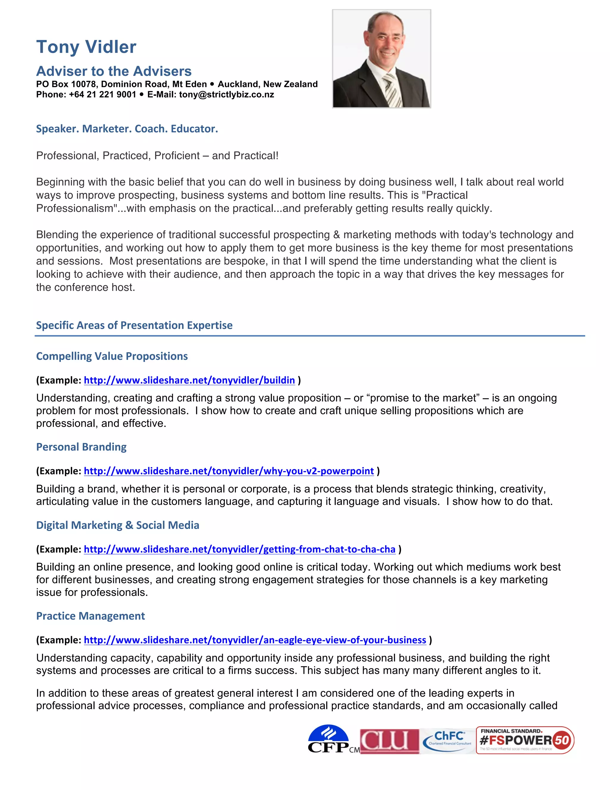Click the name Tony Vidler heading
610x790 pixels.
click(86, 47)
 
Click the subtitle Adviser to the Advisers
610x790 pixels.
click(114, 71)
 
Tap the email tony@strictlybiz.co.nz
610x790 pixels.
click(226, 95)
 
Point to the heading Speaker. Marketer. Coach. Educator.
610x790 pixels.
click(127, 129)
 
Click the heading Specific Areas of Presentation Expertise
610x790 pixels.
click(134, 325)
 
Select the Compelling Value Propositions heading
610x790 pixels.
click(112, 356)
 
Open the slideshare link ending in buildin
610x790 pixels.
click(189, 380)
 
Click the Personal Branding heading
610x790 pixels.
click(81, 447)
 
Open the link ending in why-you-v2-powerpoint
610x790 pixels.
click(228, 471)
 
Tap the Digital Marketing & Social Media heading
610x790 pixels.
click(117, 525)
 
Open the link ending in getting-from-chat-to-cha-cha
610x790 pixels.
click(239, 549)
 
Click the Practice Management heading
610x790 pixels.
click(90, 616)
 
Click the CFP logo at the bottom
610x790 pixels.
click(329, 739)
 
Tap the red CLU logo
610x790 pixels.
click(389, 741)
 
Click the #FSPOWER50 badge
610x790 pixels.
click(525, 740)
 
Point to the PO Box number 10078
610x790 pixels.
click(83, 84)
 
